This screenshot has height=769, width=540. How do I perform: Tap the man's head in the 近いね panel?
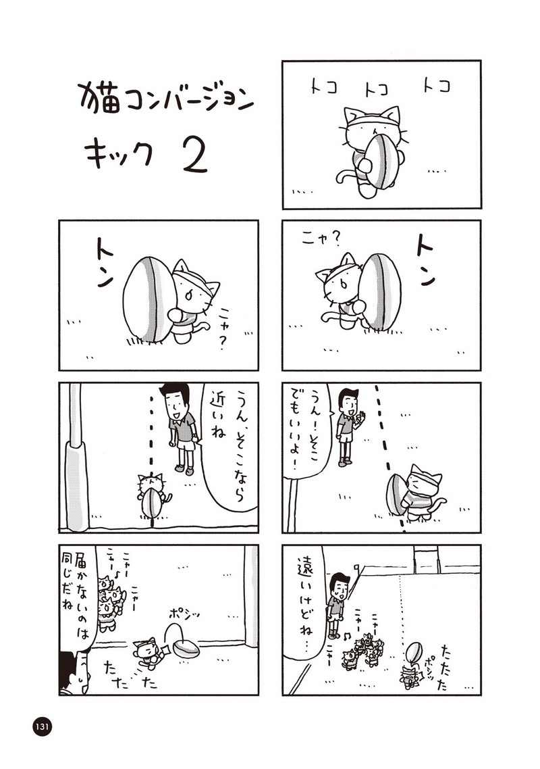point(175,399)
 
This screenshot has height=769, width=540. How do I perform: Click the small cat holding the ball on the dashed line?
point(151,495)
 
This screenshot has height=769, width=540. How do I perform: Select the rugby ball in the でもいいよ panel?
point(395,496)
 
